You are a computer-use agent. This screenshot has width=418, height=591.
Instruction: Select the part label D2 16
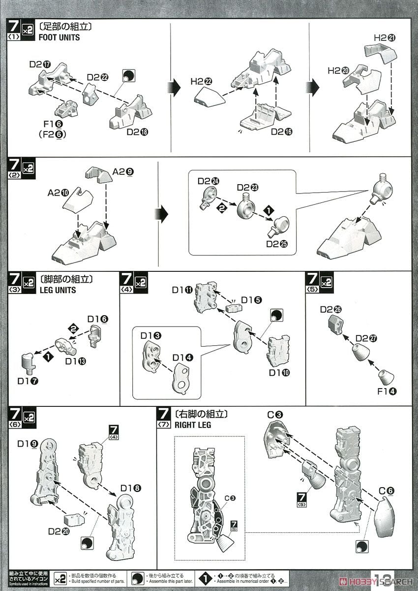point(281,132)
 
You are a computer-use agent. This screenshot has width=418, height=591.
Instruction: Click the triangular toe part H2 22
point(209,97)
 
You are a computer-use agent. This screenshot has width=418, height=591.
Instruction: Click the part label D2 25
point(277,244)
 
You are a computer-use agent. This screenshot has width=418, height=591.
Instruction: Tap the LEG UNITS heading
point(58,290)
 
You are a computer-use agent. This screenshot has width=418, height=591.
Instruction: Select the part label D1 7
point(28,381)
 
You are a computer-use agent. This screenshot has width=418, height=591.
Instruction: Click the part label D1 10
point(279,372)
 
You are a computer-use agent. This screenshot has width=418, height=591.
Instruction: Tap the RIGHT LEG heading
point(192,425)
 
